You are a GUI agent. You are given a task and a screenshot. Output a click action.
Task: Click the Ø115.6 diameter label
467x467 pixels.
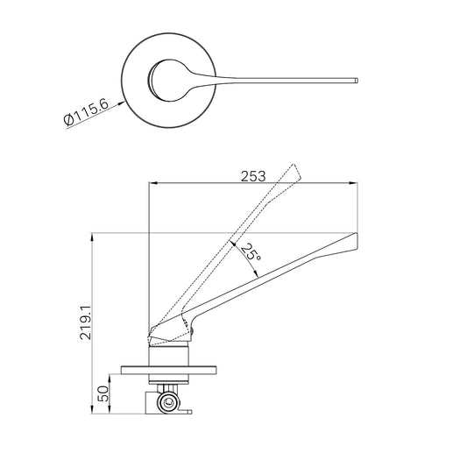click(87, 112)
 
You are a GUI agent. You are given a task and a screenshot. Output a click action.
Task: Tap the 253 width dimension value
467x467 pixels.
click(253, 176)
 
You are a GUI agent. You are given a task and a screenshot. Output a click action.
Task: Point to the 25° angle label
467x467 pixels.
click(251, 251)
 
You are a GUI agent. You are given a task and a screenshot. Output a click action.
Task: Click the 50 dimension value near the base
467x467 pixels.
click(103, 393)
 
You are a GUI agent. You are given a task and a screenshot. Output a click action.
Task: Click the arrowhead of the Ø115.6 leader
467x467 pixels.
click(121, 103)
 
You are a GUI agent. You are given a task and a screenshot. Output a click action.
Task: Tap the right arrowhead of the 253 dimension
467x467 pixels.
click(353, 183)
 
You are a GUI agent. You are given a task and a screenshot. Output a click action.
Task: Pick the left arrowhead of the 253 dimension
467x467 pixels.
click(152, 183)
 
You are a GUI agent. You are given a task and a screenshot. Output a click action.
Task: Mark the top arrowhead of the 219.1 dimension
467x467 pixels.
click(92, 237)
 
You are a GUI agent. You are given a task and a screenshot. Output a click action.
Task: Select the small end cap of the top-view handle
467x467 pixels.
click(357, 81)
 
